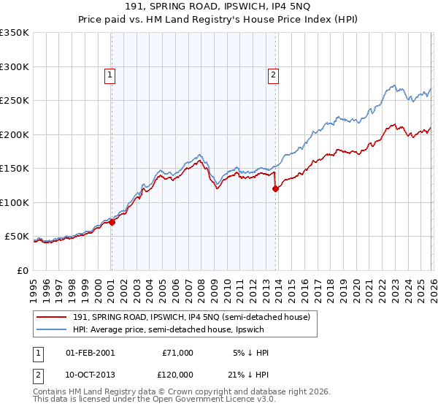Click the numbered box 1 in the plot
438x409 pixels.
(109, 74)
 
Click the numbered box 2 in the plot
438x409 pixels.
(273, 74)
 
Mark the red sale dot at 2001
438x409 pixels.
(112, 223)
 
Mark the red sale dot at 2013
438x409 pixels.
(275, 189)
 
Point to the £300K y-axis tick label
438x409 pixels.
(15, 66)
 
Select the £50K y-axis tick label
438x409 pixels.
(17, 237)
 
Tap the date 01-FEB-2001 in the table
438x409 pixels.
(90, 353)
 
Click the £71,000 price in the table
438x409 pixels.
(177, 353)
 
